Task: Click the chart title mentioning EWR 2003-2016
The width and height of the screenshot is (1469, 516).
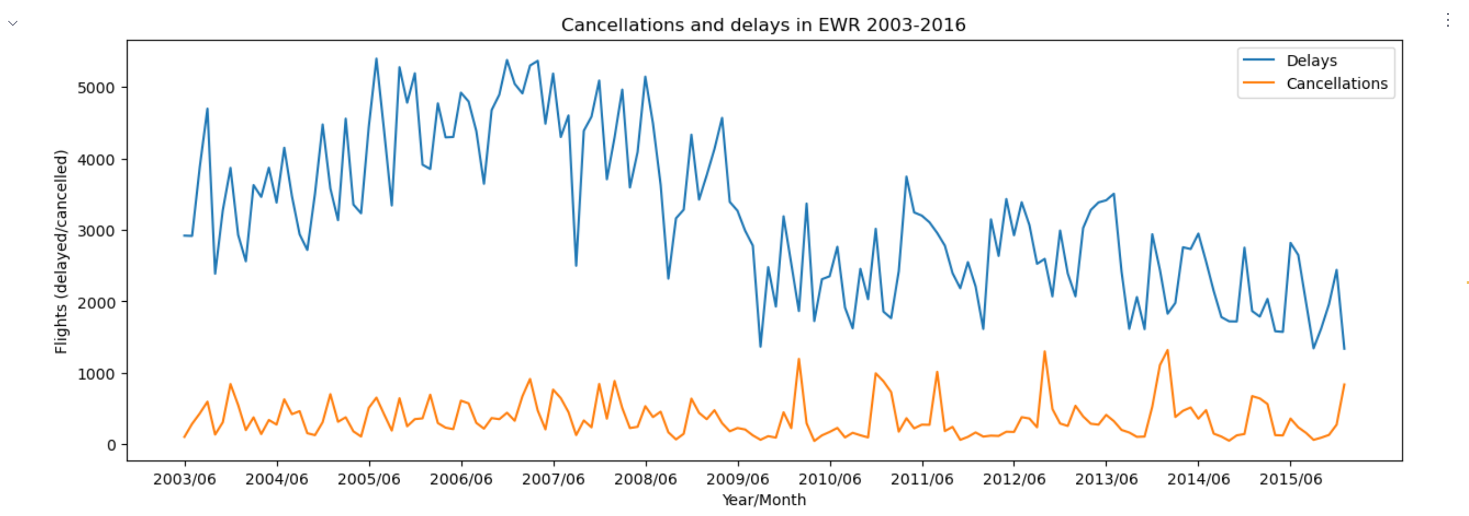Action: pos(763,25)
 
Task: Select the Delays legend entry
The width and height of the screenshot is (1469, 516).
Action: pos(1311,61)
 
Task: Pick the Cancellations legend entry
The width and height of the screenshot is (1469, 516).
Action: pos(1337,83)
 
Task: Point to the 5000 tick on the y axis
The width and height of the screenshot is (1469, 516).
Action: pos(96,88)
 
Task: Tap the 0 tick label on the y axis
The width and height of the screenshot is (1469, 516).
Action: pos(111,445)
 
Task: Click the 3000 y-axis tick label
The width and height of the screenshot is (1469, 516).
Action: pos(96,231)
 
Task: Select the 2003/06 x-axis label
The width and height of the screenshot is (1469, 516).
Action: pos(184,479)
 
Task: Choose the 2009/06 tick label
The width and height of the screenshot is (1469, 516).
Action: pos(737,479)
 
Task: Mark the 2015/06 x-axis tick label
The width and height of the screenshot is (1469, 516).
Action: pos(1290,479)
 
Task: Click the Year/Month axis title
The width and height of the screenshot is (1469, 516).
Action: pos(764,500)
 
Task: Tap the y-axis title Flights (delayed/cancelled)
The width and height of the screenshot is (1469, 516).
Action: pos(61,252)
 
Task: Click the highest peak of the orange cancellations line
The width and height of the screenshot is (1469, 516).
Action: pos(1167,350)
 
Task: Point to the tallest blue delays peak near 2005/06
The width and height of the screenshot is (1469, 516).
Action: pos(376,58)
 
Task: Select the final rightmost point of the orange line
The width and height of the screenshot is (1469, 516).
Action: pos(1344,384)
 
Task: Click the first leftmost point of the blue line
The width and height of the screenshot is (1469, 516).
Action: pos(184,235)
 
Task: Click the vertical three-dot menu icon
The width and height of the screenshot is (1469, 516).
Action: pos(1447,20)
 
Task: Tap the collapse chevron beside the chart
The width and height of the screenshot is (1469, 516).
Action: pos(13,23)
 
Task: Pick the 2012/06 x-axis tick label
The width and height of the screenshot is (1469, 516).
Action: pos(1014,479)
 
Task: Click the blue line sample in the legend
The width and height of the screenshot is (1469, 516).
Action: pos(1258,60)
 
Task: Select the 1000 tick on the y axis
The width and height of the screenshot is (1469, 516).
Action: pos(96,374)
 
